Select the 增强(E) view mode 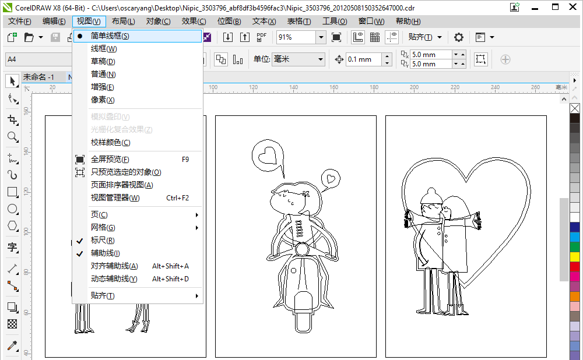(102, 87)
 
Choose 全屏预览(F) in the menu (110, 160)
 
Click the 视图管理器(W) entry (115, 198)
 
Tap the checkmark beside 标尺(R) (79, 241)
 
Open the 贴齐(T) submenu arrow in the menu (196, 296)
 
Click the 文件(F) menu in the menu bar (20, 22)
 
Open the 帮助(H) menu (408, 22)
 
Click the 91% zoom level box (296, 37)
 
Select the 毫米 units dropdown (298, 59)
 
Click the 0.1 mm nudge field (364, 59)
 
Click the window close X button (573, 7)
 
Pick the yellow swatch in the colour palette (575, 257)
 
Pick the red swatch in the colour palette (575, 266)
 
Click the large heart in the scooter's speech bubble (268, 156)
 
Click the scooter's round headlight (302, 249)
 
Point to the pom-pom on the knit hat (431, 192)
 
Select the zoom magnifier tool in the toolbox (13, 137)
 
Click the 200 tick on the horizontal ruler (414, 87)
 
